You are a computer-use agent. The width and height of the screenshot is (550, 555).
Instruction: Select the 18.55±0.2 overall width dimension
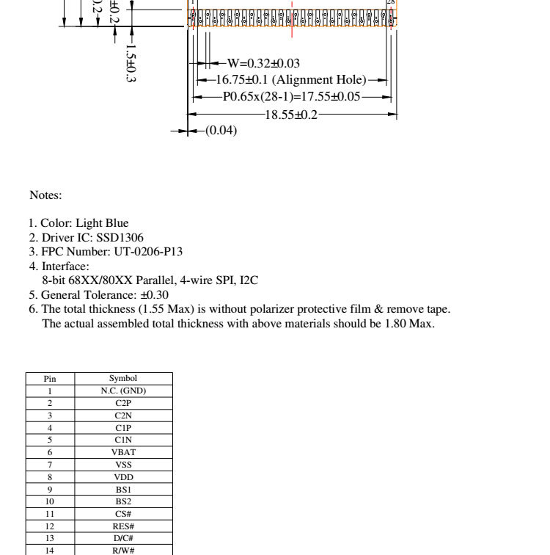291,115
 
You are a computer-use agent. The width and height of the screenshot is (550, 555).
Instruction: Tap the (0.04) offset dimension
221,131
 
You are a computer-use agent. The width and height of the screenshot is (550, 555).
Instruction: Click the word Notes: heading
45,195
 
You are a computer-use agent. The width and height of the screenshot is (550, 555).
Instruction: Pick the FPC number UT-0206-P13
148,252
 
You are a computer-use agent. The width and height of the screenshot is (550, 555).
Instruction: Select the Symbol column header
123,379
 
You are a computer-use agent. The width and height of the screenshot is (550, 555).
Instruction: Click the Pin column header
50,379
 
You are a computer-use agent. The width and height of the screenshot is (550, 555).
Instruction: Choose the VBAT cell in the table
123,453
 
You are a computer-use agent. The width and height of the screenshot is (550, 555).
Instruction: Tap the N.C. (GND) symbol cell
123,391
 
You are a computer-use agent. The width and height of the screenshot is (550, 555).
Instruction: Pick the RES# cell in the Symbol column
123,526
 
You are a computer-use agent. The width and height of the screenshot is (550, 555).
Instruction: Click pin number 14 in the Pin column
50,551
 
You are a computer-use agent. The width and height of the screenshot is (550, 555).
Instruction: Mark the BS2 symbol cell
123,502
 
